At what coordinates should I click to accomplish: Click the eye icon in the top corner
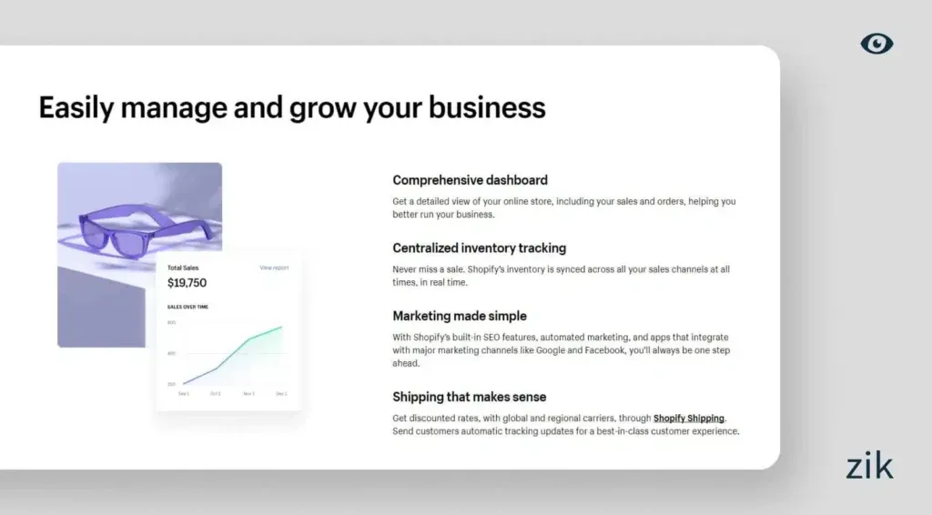[x=876, y=43]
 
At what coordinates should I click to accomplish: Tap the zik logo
[x=868, y=466]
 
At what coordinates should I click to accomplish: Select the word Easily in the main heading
[x=76, y=107]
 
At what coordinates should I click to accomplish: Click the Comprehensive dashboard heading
[x=470, y=180]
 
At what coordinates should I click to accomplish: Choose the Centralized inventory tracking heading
[x=479, y=247]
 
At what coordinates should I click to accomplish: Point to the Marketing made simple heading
[x=459, y=316]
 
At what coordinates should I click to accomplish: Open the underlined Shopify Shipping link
[x=689, y=419]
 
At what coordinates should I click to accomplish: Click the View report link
[x=274, y=268]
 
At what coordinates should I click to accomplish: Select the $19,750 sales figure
[x=187, y=283]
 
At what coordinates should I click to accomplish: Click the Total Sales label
[x=183, y=268]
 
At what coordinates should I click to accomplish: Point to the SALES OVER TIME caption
[x=187, y=307]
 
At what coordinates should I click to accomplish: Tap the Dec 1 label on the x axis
[x=281, y=394]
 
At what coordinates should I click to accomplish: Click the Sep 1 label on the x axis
[x=183, y=394]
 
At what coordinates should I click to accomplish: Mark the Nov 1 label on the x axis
[x=248, y=394]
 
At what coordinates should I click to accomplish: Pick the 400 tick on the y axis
[x=171, y=353]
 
